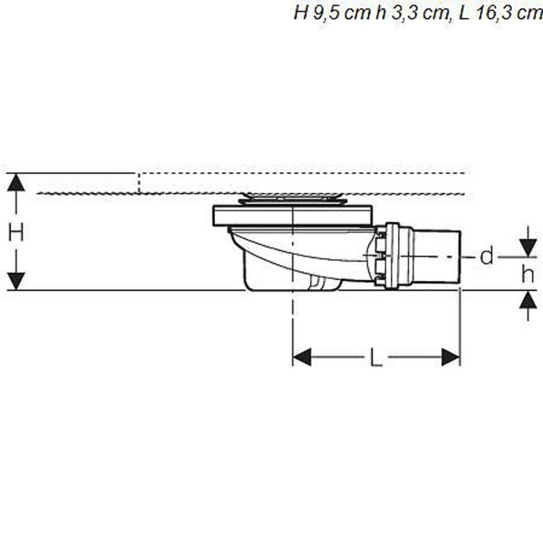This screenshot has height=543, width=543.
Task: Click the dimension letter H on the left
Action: (16, 232)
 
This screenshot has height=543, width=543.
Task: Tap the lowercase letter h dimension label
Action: (528, 274)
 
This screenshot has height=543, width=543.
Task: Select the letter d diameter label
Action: (487, 257)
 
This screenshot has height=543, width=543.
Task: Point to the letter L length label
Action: (376, 357)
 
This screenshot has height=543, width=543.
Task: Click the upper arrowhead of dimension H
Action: (16, 182)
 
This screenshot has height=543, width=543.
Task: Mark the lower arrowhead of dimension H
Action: (16, 281)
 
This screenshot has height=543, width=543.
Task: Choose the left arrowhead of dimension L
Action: (302, 357)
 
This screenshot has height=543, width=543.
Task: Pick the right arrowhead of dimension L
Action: (451, 357)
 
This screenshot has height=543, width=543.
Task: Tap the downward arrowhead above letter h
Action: (528, 248)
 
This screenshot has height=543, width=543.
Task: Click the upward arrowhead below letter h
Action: (528, 300)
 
